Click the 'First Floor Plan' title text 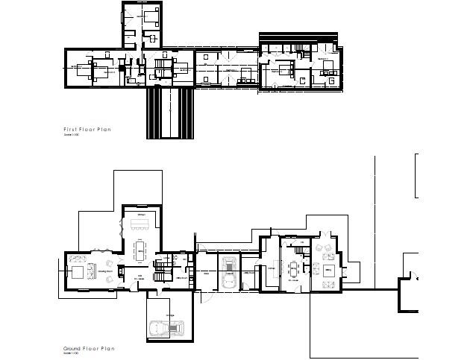click(88, 130)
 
